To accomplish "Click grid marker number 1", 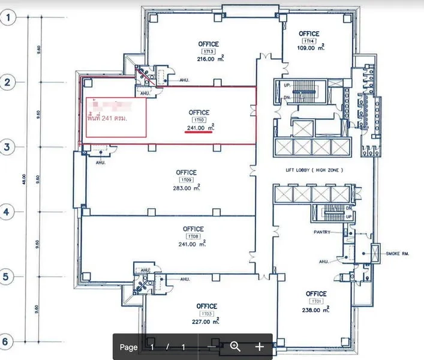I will (x=8, y=17).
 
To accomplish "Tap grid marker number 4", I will (x=8, y=212).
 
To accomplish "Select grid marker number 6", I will (x=8, y=341).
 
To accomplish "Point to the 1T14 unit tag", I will (x=308, y=41).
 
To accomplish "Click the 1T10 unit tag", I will (x=199, y=120).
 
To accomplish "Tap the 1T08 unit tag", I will (x=193, y=236).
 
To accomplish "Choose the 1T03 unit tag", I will (x=207, y=314).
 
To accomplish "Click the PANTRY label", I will (x=322, y=232).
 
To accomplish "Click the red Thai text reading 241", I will (x=116, y=118).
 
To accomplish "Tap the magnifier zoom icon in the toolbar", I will (x=235, y=346).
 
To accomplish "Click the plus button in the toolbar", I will (x=259, y=346).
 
